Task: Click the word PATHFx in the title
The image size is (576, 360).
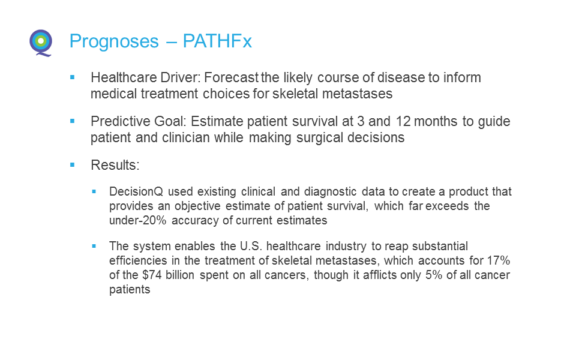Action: click(x=217, y=41)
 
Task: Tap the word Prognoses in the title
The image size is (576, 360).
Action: click(x=114, y=41)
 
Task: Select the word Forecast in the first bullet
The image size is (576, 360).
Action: click(x=232, y=77)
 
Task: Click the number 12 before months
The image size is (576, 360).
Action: click(x=403, y=121)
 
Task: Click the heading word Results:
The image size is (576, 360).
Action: click(x=115, y=165)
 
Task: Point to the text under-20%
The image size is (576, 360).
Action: click(x=138, y=220)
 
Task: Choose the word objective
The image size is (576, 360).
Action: click(x=197, y=206)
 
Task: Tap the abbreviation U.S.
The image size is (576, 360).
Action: click(x=251, y=246)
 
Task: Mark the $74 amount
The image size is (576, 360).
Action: click(x=152, y=275)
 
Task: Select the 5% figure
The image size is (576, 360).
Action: click(x=434, y=275)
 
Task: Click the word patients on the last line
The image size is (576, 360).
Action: click(x=130, y=289)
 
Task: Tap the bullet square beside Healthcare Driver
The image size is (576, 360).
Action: click(x=73, y=77)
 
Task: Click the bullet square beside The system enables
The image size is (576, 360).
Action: click(x=94, y=246)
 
